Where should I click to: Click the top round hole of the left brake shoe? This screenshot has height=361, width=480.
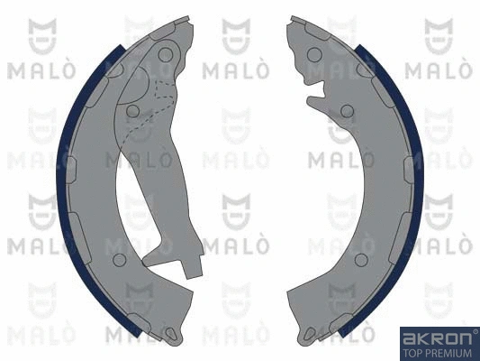pos(166,55)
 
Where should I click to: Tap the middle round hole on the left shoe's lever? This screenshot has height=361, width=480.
pos(133,111)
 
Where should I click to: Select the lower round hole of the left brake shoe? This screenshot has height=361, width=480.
pos(120,260)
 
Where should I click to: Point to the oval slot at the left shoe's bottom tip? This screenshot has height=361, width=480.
pos(170,333)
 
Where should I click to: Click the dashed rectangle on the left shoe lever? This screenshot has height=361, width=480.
pos(165,89)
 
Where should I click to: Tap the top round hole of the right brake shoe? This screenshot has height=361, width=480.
pos(314,55)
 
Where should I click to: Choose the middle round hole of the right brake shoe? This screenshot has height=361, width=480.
pos(347,111)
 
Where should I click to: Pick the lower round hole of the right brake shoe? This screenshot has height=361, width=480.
pos(361,260)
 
